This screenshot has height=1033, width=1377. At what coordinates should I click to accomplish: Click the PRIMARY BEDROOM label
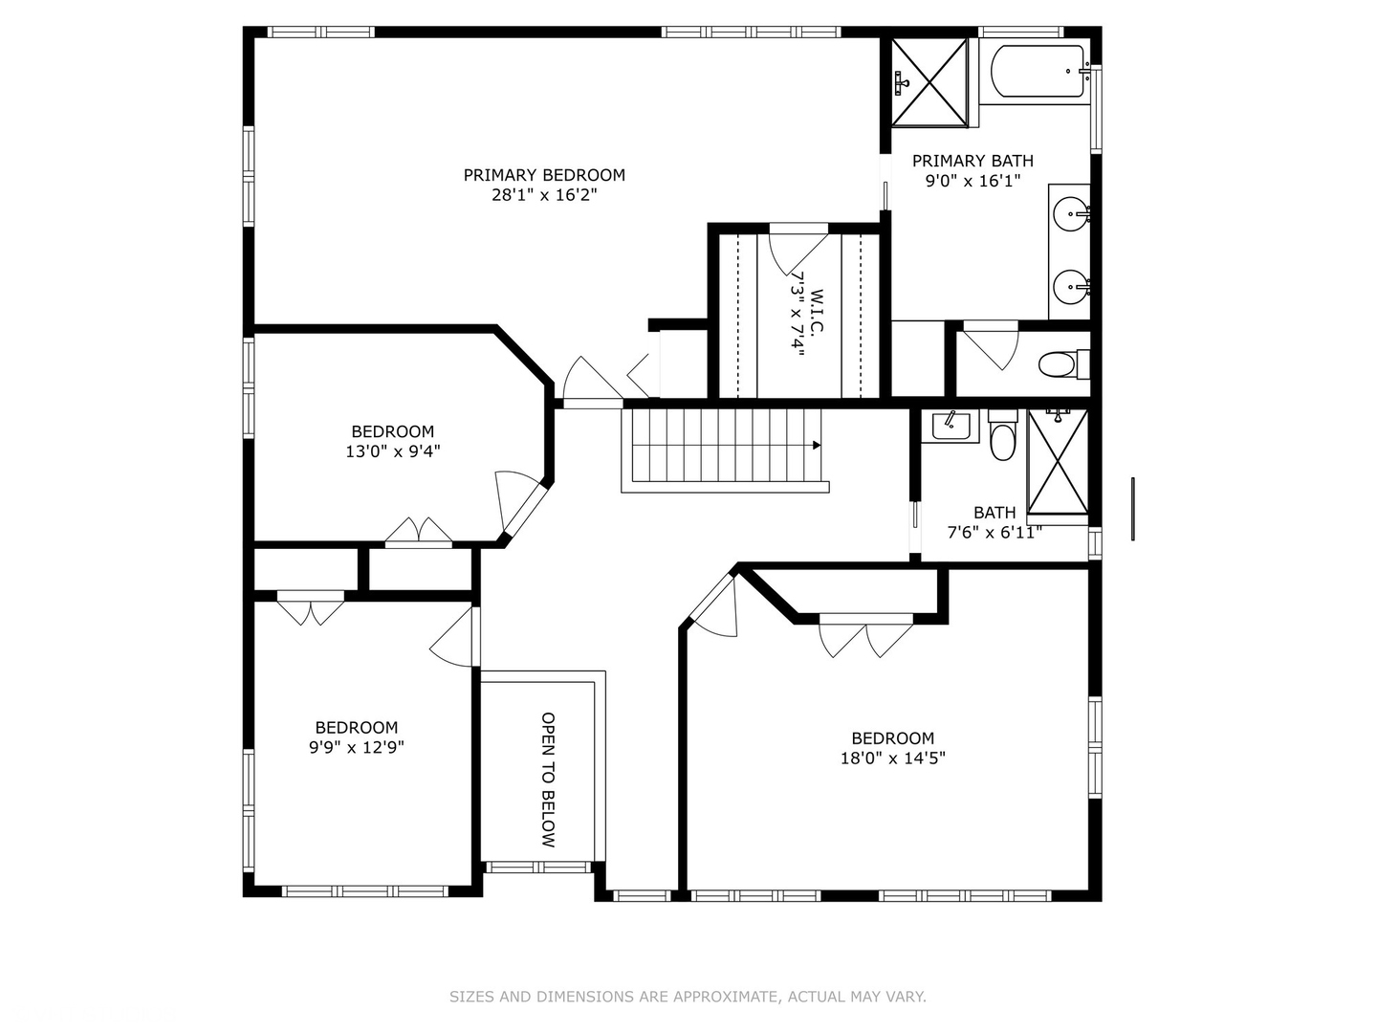pos(544,175)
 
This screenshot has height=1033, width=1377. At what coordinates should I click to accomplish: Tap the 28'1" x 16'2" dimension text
pos(544,195)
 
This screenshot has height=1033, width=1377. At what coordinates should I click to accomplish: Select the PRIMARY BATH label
pos(973,162)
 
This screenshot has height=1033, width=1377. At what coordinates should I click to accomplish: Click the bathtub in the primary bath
pos(1036,71)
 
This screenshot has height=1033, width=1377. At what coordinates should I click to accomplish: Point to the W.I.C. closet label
pos(817,312)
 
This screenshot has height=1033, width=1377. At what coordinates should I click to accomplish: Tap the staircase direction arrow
pos(817,446)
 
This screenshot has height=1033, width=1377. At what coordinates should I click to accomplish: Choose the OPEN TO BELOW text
pos(548,780)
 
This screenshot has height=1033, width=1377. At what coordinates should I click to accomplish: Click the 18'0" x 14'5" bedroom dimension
pos(893,758)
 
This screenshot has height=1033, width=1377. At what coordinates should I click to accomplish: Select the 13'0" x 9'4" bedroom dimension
pos(393,451)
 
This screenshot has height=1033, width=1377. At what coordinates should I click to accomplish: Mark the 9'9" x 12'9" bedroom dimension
pos(357,748)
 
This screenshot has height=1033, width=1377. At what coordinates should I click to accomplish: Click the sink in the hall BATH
pos(950,427)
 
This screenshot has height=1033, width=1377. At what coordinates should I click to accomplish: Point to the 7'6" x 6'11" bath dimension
pos(994,533)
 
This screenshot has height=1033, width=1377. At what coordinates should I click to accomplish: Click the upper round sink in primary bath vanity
pos(1072,214)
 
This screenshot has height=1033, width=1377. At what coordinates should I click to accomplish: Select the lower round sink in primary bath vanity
pos(1072,287)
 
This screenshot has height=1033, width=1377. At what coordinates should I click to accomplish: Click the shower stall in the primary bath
pos(929,82)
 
